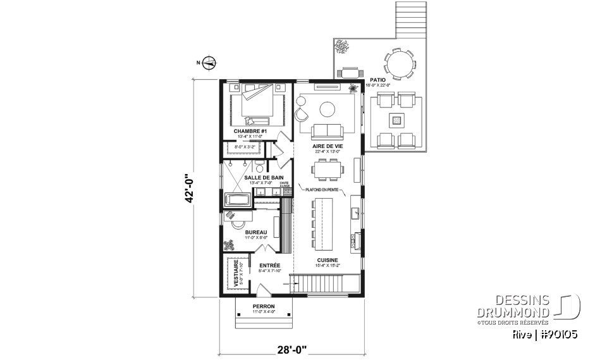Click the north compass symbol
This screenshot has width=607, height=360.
[x=210, y=62]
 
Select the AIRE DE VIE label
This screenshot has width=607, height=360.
[x=326, y=146]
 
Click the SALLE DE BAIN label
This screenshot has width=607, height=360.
[x=268, y=177]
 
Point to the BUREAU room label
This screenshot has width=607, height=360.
[x=256, y=232]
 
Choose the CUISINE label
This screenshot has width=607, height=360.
[x=328, y=260]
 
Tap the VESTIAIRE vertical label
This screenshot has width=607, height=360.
[x=236, y=274]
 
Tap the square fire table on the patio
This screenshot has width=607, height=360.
[x=396, y=119]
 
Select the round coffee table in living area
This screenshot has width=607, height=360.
[x=328, y=109]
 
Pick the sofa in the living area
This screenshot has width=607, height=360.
[x=326, y=132]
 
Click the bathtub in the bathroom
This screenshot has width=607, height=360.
[x=237, y=201]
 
